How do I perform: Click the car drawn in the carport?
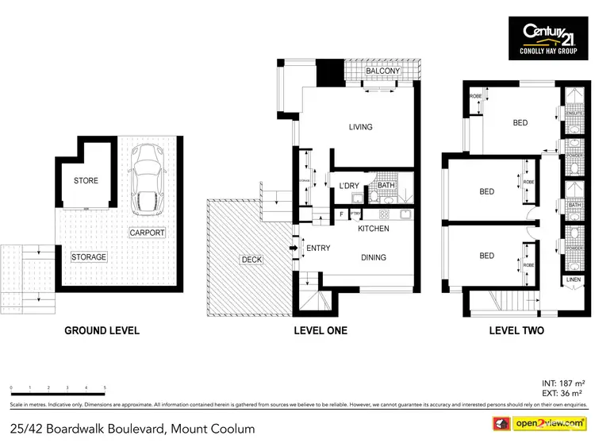[145, 179]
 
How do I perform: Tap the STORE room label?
[86, 181]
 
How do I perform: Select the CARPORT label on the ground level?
[148, 233]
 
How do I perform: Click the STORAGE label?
[88, 257]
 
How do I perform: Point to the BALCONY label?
[382, 72]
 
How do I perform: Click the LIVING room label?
[360, 127]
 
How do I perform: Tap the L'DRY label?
[349, 186]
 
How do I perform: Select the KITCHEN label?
[373, 229]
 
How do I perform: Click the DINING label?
[373, 257]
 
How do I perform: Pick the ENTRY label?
[318, 249]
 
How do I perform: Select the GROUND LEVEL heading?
[102, 330]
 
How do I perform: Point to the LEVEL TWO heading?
[516, 330]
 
